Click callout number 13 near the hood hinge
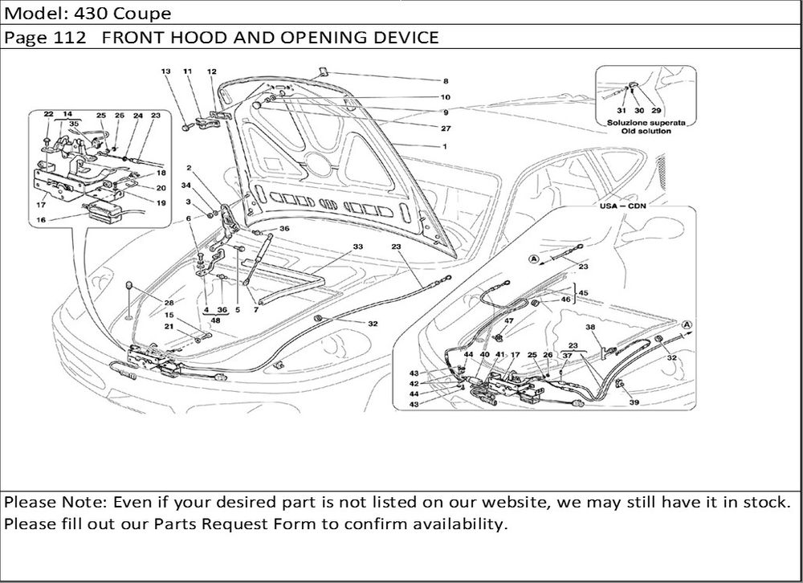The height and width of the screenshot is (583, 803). click(166, 71)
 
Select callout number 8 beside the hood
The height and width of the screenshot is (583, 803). click(445, 81)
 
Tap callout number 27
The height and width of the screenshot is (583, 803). click(445, 128)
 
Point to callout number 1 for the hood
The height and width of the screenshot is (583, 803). click(445, 147)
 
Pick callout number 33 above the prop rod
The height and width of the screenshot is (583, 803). click(357, 246)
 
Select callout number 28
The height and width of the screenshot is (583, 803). click(169, 302)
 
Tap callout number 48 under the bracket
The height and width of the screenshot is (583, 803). click(215, 320)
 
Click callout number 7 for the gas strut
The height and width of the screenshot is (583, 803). click(256, 309)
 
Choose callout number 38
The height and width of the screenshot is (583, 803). click(590, 328)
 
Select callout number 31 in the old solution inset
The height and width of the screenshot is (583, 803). click(621, 110)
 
